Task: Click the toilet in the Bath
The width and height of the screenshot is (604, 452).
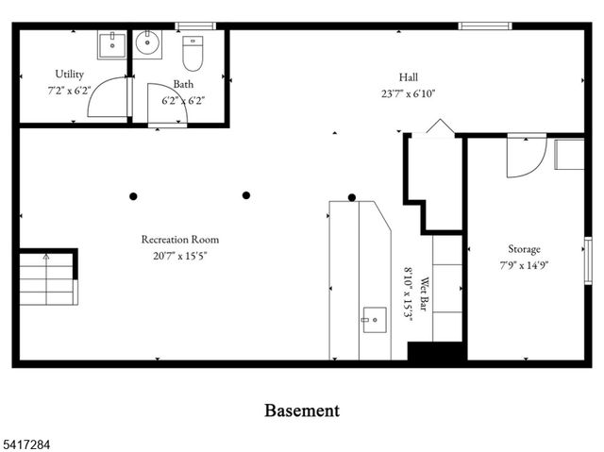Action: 193,54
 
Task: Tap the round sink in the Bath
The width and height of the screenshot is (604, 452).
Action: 148,43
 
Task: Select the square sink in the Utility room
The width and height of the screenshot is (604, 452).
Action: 111,43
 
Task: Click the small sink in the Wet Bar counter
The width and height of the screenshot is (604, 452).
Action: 373,318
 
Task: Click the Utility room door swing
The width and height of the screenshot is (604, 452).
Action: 109,97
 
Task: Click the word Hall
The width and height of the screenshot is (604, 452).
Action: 408,77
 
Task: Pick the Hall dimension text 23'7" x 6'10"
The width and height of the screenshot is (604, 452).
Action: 408,93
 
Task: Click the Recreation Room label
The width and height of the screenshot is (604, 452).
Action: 180,240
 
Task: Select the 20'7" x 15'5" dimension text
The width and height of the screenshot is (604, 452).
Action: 180,255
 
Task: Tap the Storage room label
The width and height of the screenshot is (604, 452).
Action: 525,249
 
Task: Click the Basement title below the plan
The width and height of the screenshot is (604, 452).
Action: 301,410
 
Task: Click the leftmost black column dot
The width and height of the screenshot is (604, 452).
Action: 133,196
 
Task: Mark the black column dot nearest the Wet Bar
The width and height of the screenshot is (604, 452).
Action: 352,197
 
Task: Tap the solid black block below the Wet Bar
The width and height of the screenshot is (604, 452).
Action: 435,351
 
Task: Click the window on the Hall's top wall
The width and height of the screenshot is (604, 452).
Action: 478,25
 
